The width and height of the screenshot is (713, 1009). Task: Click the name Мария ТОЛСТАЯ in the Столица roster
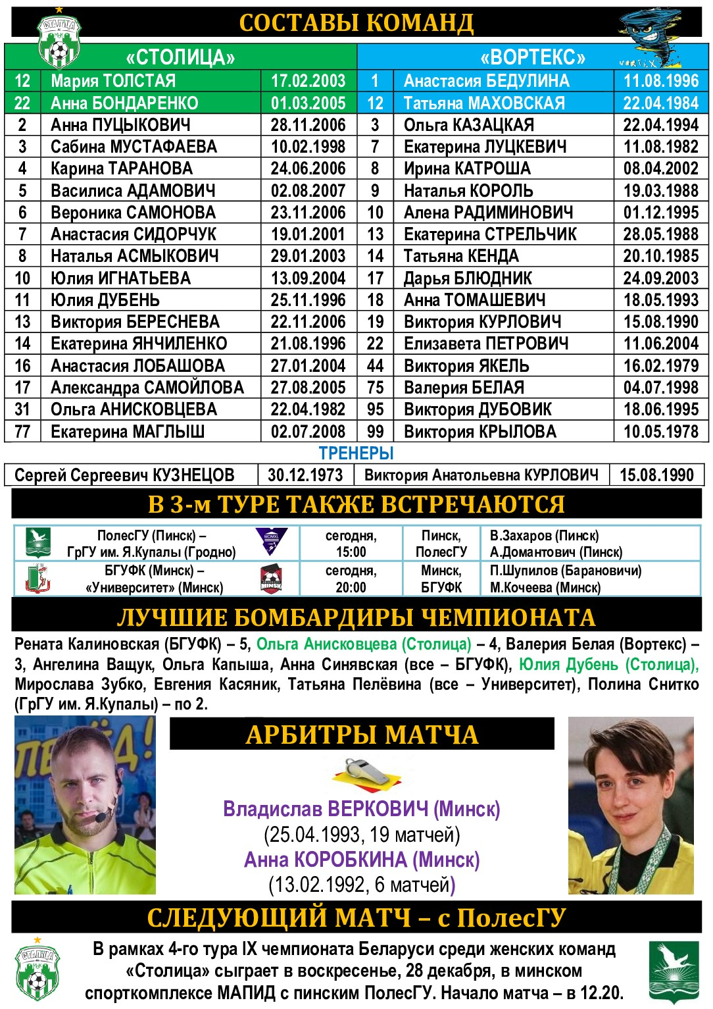tap(113, 81)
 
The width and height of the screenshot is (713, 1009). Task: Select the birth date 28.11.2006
tap(308, 125)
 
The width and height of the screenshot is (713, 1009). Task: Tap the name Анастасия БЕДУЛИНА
tap(486, 81)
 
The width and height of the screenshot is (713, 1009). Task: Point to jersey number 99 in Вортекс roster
tap(375, 432)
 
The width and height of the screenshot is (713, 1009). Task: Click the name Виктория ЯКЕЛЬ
tap(466, 366)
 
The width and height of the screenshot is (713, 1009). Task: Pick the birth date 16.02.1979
tap(660, 366)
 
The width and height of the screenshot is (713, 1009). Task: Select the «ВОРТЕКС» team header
tap(532, 57)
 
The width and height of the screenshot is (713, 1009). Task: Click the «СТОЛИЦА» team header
tap(180, 57)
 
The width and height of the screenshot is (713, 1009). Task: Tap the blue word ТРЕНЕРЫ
tap(356, 453)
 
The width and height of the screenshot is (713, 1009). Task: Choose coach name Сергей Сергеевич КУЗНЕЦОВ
tap(124, 475)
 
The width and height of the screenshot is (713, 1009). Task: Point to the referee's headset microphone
tap(101, 817)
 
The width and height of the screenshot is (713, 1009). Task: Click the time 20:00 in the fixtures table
tap(351, 587)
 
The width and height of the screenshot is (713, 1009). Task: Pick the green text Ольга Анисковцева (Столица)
tap(364, 644)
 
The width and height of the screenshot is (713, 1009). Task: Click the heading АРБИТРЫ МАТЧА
tap(362, 734)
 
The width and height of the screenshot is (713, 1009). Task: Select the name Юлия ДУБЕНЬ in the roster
tap(105, 300)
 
